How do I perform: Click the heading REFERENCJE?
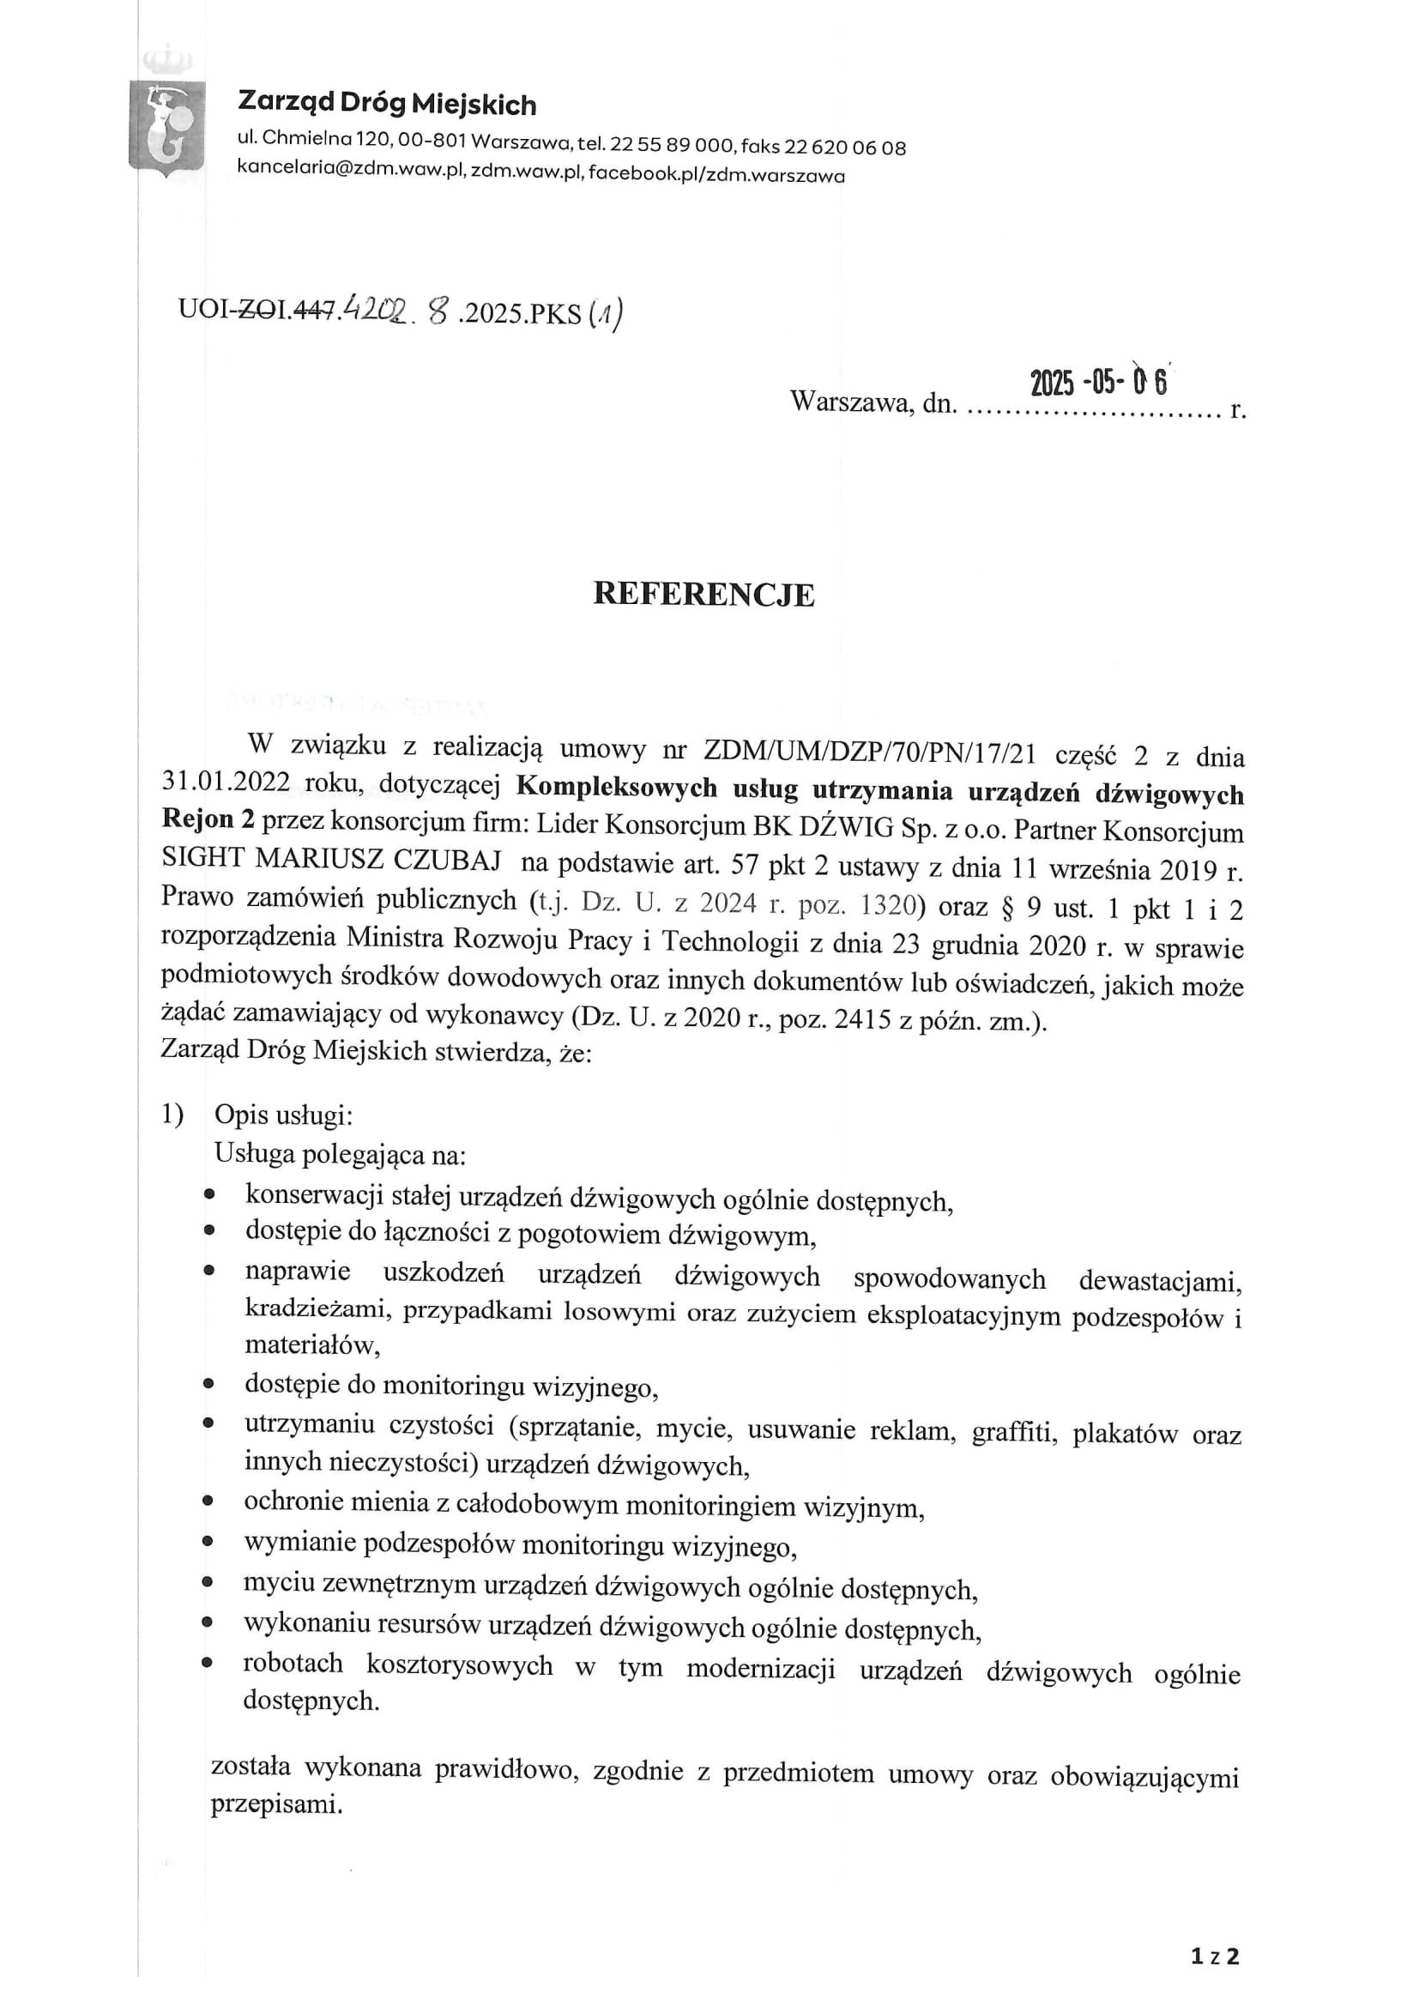click(703, 595)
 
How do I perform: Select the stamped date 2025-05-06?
click(1098, 383)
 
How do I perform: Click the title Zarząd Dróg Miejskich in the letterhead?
click(387, 104)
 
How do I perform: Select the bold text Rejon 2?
click(208, 819)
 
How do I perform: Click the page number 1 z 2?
click(1215, 1957)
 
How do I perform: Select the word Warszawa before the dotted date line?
click(852, 402)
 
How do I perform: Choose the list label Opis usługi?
click(283, 1115)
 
